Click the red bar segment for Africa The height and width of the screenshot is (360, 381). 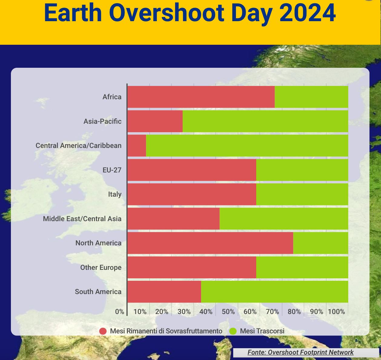201,97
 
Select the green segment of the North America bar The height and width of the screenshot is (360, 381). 320,243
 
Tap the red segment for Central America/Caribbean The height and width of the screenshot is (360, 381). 137,146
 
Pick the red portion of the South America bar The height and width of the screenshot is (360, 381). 164,292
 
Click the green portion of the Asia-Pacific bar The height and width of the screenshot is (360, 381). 265,121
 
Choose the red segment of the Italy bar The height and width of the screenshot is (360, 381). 192,194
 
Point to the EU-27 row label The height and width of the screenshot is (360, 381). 112,170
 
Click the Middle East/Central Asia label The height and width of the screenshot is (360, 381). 82,219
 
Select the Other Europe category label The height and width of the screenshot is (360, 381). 101,267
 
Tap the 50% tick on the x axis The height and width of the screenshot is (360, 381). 228,312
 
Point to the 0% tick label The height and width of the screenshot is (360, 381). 119,312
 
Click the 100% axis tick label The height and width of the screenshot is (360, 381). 336,312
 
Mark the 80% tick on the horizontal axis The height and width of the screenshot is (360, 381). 294,312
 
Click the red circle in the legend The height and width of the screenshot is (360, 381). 103,331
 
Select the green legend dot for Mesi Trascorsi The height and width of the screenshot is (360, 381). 233,331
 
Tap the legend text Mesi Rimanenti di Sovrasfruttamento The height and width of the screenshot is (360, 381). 166,331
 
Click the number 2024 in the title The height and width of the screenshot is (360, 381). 307,13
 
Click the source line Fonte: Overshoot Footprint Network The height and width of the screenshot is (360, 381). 300,352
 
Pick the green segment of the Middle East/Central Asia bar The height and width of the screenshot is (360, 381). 284,219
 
